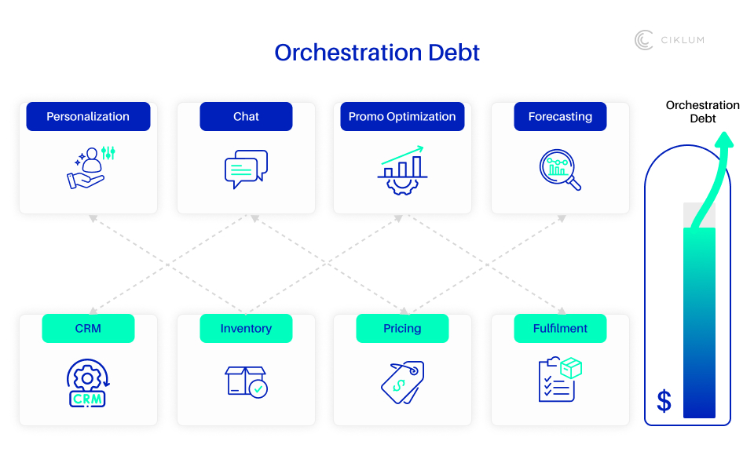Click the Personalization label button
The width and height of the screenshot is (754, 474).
pyautogui.click(x=88, y=116)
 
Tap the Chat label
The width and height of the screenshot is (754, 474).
pyautogui.click(x=246, y=116)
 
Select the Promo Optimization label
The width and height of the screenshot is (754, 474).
pyautogui.click(x=402, y=116)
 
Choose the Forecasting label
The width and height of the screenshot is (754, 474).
pyautogui.click(x=560, y=116)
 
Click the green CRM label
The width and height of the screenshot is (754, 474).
pyautogui.click(x=88, y=328)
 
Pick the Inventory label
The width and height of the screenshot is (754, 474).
pyautogui.click(x=246, y=328)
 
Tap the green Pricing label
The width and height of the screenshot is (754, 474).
pyautogui.click(x=402, y=328)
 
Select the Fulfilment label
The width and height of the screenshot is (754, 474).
pyautogui.click(x=560, y=328)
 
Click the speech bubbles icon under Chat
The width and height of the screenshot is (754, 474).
pyautogui.click(x=246, y=169)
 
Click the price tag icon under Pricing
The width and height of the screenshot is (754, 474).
pyautogui.click(x=402, y=382)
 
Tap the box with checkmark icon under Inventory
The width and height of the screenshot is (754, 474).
pyautogui.click(x=246, y=381)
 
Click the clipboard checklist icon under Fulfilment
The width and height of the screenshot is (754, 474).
pyautogui.click(x=559, y=380)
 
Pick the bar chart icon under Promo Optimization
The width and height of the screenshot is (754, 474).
pyautogui.click(x=402, y=169)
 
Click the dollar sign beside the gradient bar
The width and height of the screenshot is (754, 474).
pyautogui.click(x=664, y=401)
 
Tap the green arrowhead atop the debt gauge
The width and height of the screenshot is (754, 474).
pyautogui.click(x=724, y=140)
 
